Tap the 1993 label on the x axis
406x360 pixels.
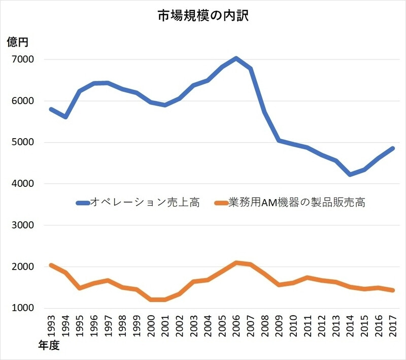[50, 325]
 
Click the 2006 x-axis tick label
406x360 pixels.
[236, 325]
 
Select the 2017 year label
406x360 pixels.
[393, 325]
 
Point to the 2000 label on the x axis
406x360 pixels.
[150, 325]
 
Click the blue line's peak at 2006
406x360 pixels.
[236, 58]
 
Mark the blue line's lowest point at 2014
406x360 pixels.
[350, 174]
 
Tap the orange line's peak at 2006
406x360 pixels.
[236, 263]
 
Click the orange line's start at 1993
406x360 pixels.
[50, 265]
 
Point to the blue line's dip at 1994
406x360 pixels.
[65, 117]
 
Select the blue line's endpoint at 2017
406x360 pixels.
[393, 148]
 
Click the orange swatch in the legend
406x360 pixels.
[220, 203]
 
